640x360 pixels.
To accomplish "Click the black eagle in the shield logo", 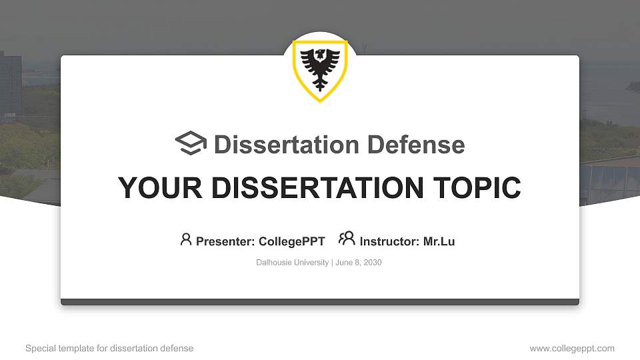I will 320,69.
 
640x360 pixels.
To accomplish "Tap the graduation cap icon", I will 191,143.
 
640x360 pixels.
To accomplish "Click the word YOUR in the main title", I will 152,188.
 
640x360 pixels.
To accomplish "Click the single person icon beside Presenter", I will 186,239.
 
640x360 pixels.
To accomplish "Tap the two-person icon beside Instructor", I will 347,239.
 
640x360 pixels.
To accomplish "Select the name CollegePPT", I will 292,241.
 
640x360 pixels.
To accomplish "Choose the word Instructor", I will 389,241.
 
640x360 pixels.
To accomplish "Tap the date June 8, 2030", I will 359,263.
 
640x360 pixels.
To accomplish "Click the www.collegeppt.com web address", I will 572,348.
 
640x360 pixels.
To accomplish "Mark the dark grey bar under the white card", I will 320,302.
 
